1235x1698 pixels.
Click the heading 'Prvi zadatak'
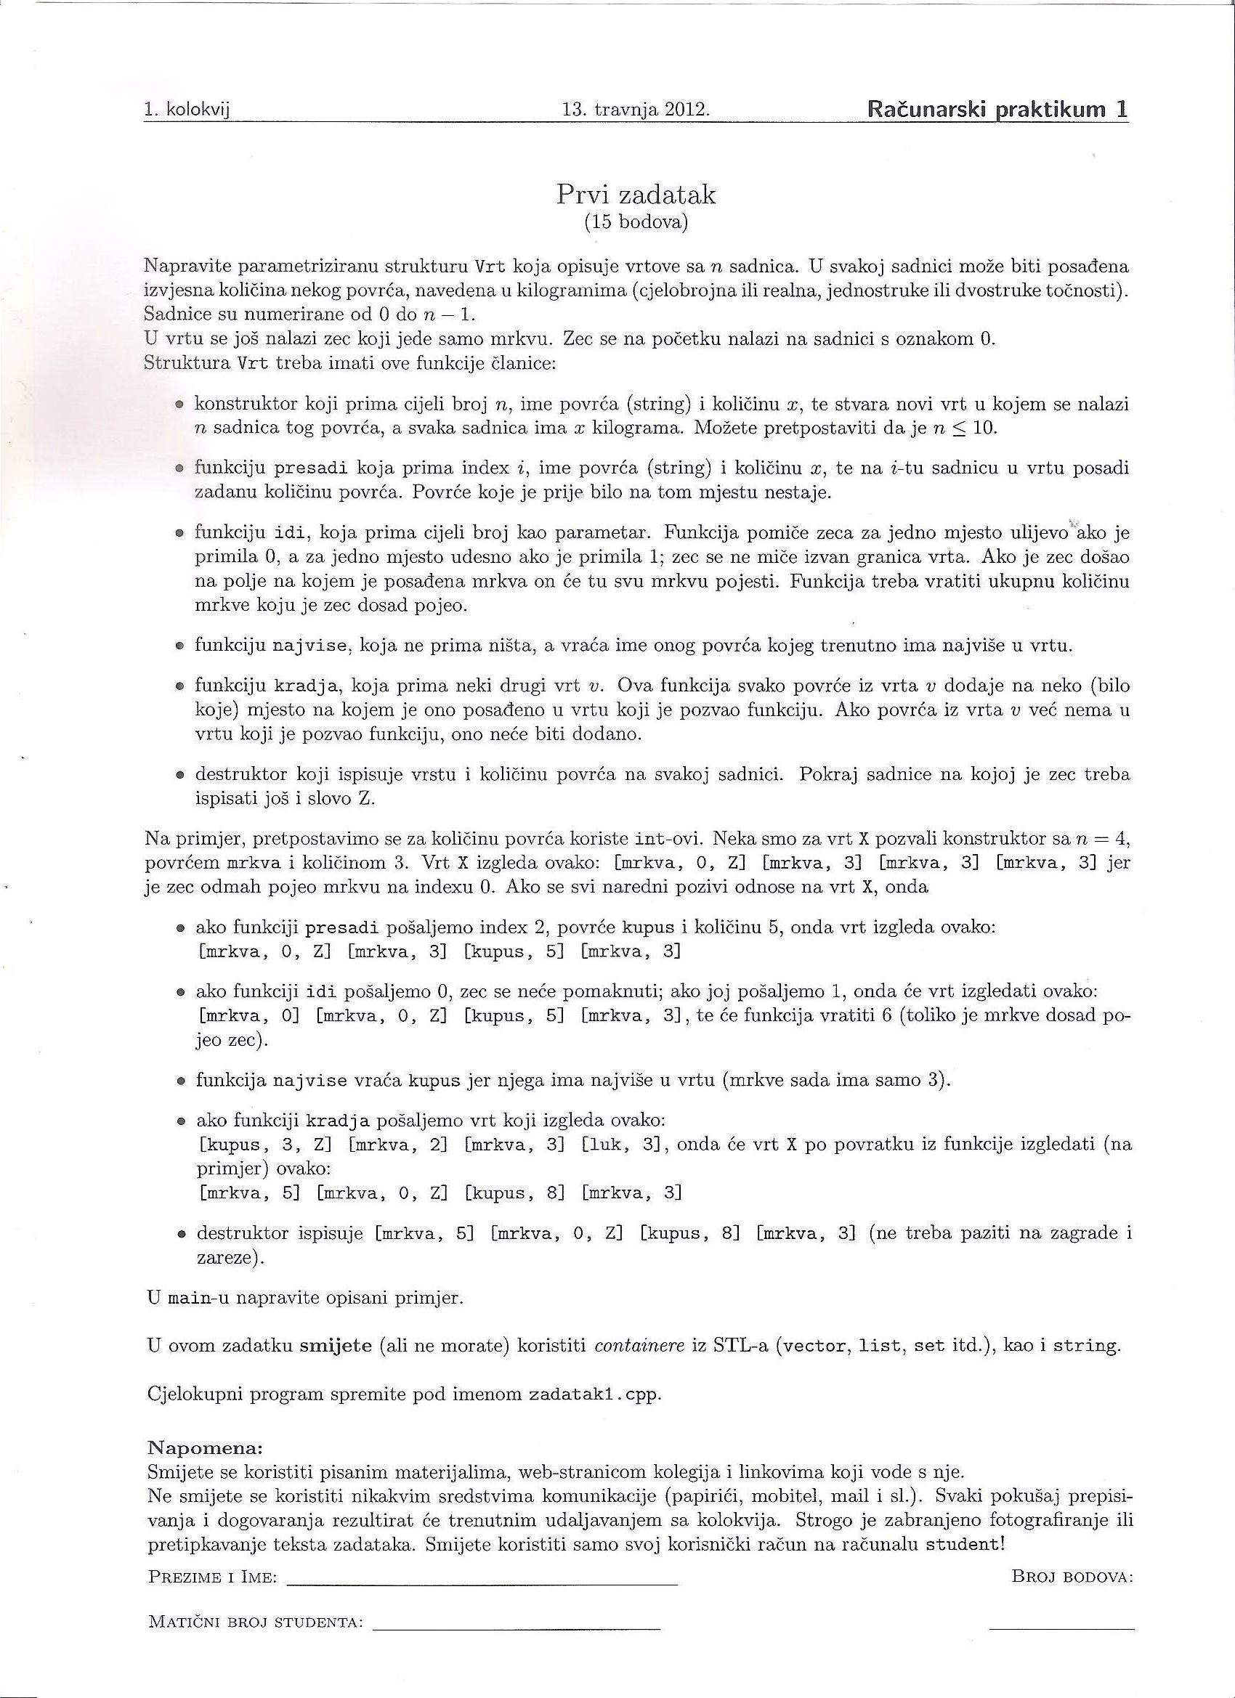(636, 195)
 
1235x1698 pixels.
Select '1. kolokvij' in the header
(187, 111)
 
